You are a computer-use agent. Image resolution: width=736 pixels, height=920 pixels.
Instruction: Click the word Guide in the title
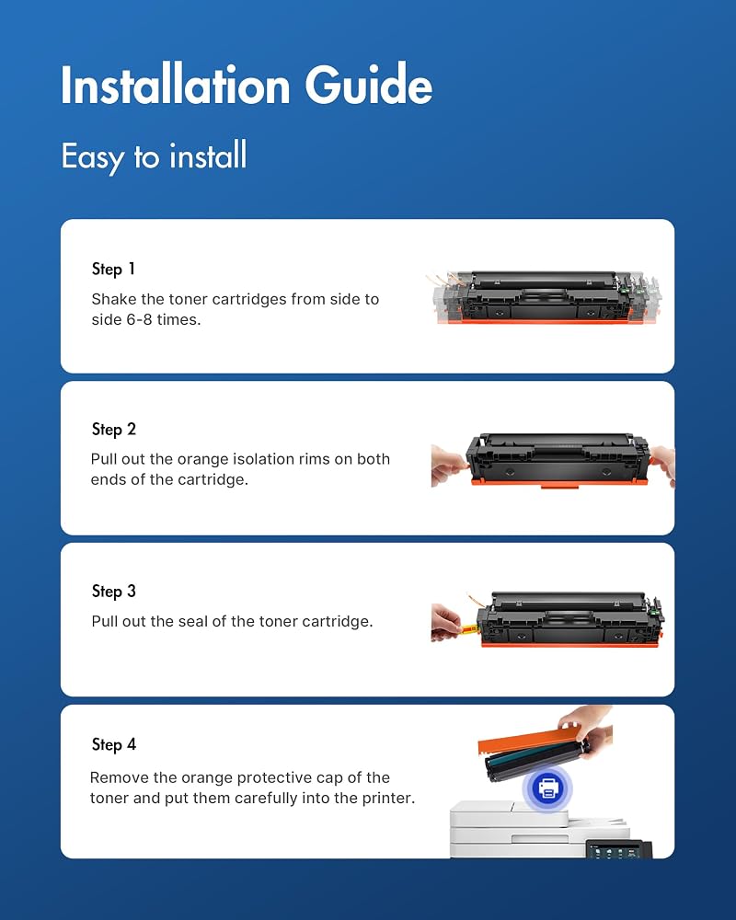coord(369,85)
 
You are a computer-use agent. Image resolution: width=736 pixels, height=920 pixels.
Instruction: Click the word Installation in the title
coord(176,85)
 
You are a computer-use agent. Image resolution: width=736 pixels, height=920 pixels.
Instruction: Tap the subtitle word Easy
coord(93,157)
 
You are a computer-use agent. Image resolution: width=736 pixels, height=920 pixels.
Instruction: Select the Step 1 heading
coord(113,270)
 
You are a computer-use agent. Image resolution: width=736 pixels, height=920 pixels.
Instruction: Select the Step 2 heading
coord(114,430)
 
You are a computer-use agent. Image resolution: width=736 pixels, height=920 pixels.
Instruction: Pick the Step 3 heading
coord(114,592)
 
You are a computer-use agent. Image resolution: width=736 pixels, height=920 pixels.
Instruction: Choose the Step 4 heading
coord(114,744)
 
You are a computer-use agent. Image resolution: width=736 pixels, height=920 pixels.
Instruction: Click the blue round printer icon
coord(547,788)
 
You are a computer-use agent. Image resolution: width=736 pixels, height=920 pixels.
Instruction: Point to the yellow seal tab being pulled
coord(469,630)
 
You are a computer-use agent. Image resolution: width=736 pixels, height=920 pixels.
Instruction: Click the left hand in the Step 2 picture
coord(449,466)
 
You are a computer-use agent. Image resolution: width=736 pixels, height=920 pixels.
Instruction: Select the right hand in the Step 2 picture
coord(663,465)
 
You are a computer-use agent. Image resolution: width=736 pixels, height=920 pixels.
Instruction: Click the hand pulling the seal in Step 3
coord(446,623)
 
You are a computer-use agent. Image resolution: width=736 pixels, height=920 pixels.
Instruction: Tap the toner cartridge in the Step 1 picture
coord(546,297)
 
